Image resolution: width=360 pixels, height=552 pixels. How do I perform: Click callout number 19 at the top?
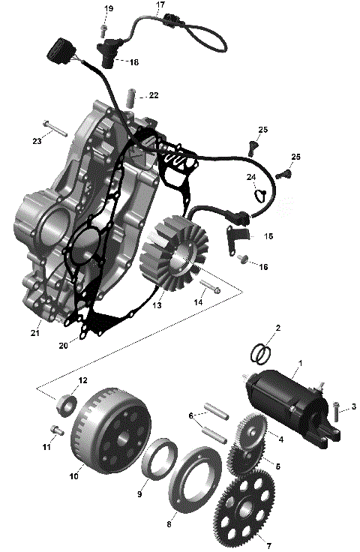click(109, 8)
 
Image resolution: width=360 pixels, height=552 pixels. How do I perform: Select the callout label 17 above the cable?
click(160, 5)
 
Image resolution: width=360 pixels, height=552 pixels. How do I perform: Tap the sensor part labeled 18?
click(111, 52)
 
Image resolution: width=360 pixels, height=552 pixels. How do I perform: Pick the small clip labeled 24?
click(259, 195)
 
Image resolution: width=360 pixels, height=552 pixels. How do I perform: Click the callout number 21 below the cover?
click(35, 333)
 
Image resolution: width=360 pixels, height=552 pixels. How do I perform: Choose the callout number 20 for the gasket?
click(63, 345)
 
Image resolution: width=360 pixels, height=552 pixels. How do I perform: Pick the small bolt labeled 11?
click(57, 430)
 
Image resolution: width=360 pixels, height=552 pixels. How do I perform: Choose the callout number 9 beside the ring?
click(138, 494)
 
